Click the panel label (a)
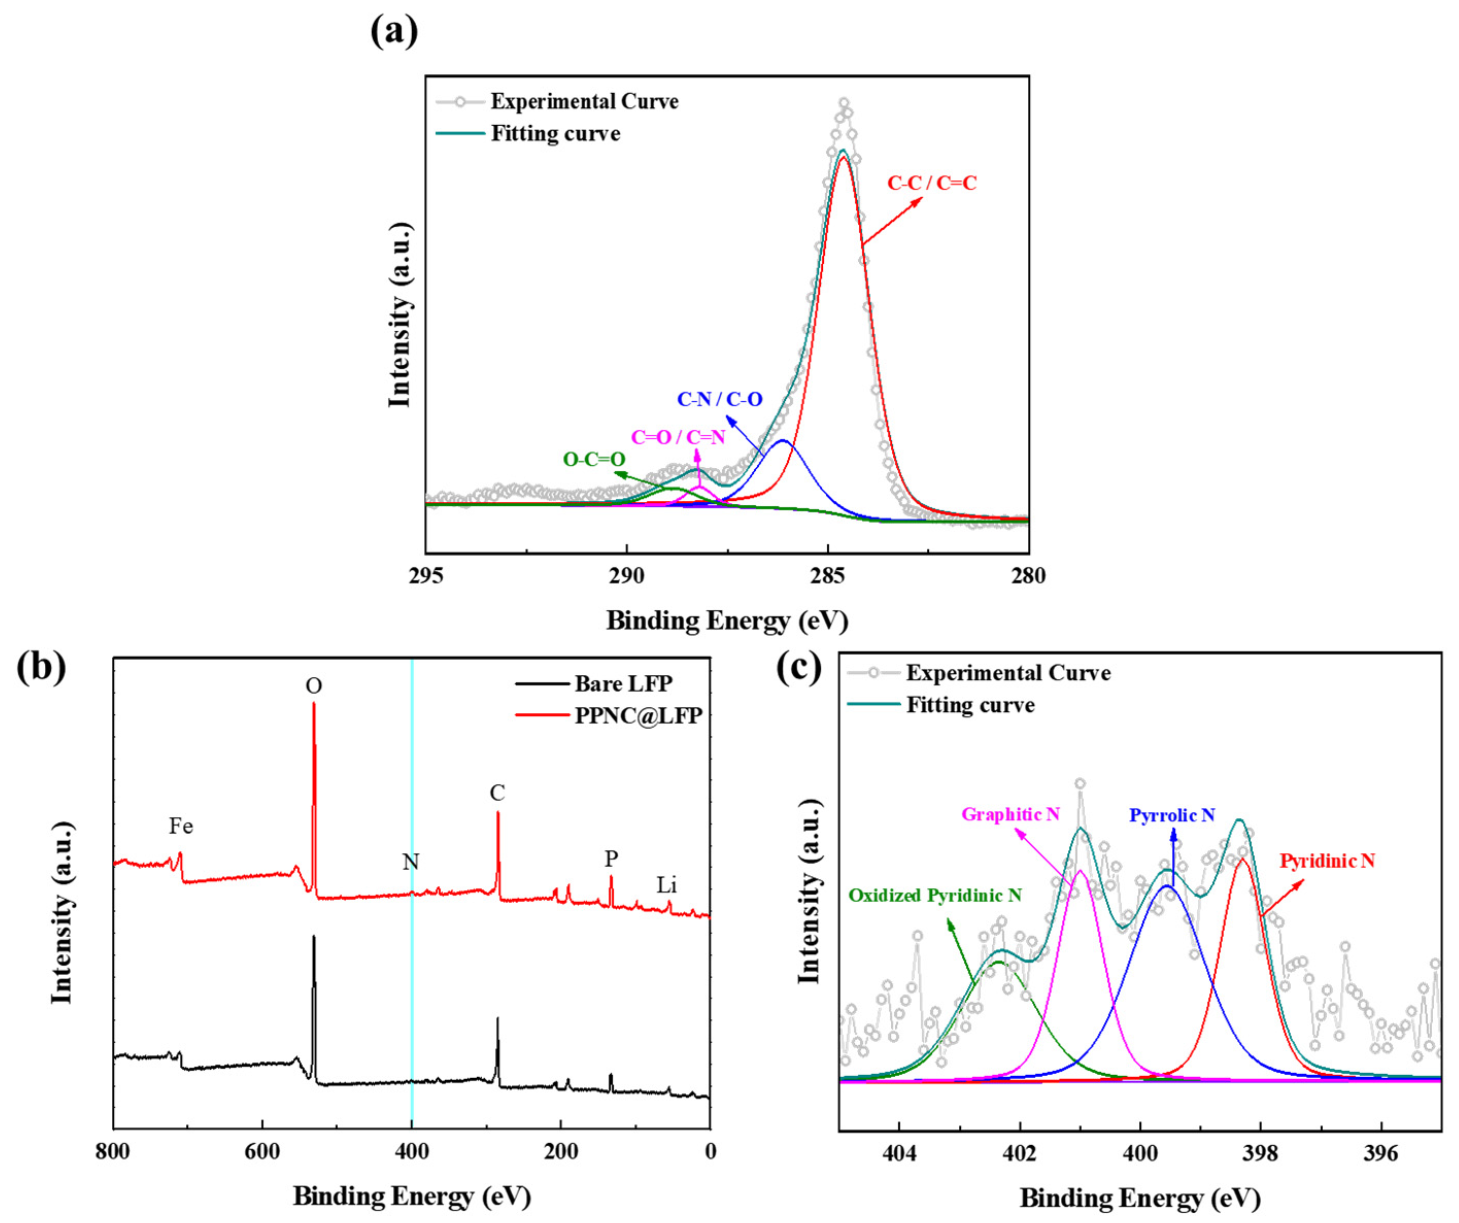click(394, 31)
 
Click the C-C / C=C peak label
click(931, 183)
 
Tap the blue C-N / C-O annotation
click(720, 399)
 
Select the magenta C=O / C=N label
click(677, 437)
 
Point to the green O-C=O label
click(594, 460)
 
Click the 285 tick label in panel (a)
click(827, 576)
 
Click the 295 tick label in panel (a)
click(426, 576)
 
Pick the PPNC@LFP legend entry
click(638, 716)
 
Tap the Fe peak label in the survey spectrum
click(181, 826)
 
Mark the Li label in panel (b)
click(666, 885)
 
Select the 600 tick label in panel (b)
click(263, 1152)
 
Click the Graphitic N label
click(1010, 814)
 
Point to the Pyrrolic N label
click(1172, 815)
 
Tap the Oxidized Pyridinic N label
click(935, 896)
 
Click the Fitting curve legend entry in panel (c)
click(970, 705)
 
